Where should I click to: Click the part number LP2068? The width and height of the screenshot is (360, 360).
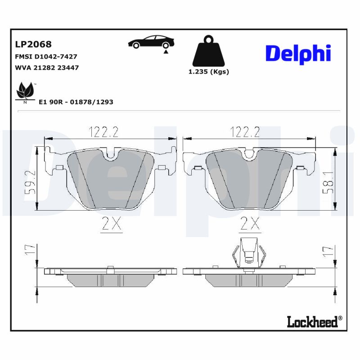(33, 44)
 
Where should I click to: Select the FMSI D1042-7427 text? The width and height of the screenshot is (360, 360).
(46, 57)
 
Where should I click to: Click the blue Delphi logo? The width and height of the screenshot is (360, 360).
(298, 54)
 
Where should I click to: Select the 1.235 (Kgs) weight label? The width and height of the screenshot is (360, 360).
(208, 72)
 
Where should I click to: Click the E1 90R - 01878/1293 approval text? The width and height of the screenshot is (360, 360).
(76, 102)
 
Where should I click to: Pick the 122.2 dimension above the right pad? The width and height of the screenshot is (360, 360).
(245, 132)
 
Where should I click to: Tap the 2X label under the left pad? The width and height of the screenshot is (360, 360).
(111, 224)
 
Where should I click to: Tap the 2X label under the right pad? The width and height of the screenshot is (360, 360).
(251, 224)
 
